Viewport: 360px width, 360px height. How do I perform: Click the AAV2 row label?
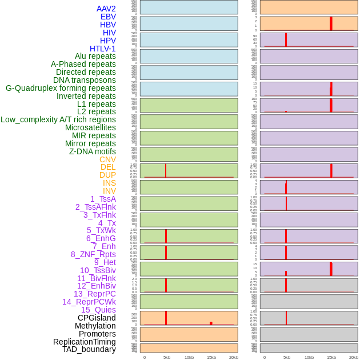tap(106, 9)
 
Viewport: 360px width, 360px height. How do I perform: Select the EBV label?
tap(108, 17)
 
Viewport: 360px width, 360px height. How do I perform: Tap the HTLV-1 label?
tap(102, 49)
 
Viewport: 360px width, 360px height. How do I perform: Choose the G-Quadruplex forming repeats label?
tap(61, 88)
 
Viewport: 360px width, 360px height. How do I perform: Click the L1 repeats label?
tap(96, 104)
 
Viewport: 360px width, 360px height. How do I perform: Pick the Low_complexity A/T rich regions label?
tap(58, 119)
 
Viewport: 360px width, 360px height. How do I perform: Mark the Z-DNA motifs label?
tap(93, 151)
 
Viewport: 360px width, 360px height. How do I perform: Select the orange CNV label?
tap(107, 159)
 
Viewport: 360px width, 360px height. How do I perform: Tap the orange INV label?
tap(109, 191)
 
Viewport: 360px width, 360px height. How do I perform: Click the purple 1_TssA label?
tap(103, 199)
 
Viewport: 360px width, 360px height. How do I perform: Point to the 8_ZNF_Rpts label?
tap(93, 254)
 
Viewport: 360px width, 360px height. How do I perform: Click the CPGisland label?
tap(97, 318)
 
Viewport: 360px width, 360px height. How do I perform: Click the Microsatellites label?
tap(90, 127)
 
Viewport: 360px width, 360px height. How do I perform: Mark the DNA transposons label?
tap(85, 80)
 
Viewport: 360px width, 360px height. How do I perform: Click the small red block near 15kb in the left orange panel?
tap(211, 323)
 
